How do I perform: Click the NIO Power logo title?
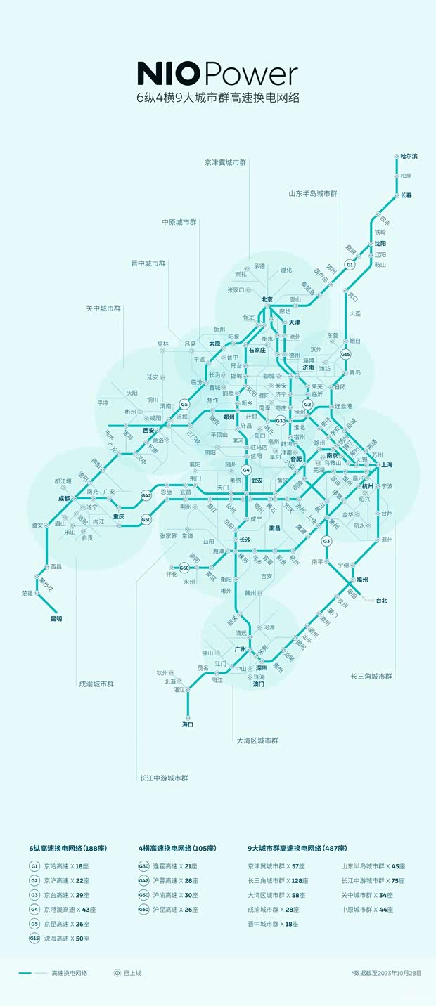(x=217, y=74)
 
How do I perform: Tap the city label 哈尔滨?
(x=409, y=156)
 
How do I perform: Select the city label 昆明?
(x=56, y=619)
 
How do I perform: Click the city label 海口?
(x=188, y=724)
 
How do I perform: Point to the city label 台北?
(x=382, y=601)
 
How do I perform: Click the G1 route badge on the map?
(x=350, y=264)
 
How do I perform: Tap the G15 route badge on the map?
(x=345, y=355)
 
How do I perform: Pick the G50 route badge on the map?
(x=146, y=520)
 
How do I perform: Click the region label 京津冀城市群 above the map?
(x=226, y=162)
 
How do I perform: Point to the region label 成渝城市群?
(x=96, y=684)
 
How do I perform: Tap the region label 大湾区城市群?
(x=257, y=740)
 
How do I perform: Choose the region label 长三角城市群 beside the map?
(x=371, y=677)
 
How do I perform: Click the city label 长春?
(x=406, y=195)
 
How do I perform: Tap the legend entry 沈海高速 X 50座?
(x=70, y=939)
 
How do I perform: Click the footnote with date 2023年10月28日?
(x=386, y=973)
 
